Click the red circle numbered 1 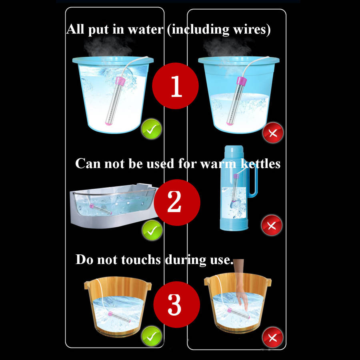[x=176, y=86]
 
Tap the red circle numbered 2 [x=177, y=202]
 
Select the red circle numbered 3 [x=176, y=304]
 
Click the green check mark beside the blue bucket [x=151, y=129]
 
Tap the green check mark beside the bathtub [x=152, y=230]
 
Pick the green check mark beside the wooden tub [x=152, y=336]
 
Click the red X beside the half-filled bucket [x=273, y=133]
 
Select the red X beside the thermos [x=272, y=226]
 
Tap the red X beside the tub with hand [x=272, y=338]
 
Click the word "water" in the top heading [x=146, y=30]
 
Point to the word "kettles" [x=260, y=164]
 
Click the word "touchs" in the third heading [x=141, y=260]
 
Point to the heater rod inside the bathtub [x=100, y=208]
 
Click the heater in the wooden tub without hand [x=119, y=317]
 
